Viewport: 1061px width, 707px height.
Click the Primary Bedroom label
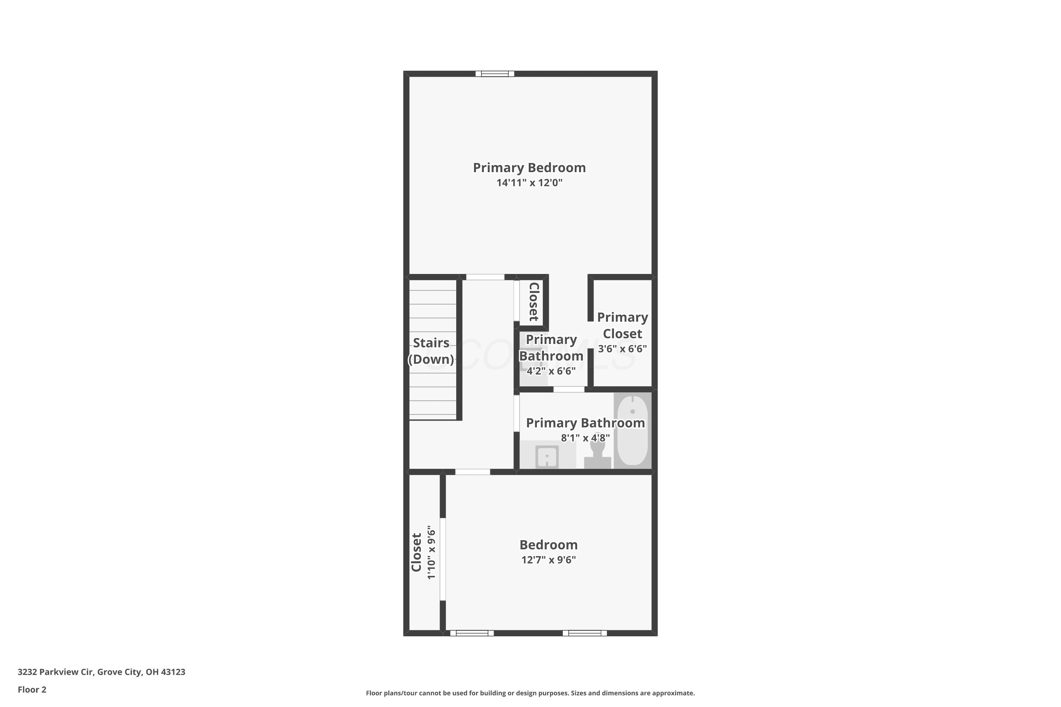[x=529, y=168]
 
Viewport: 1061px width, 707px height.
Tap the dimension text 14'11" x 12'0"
[x=529, y=183]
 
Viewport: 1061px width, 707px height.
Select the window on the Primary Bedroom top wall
[x=495, y=74]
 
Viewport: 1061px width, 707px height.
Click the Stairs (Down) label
[x=431, y=351]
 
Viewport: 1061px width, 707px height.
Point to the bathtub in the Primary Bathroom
[x=632, y=430]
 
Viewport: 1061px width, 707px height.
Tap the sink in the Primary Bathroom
[x=547, y=457]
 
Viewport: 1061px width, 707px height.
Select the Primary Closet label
[x=622, y=325]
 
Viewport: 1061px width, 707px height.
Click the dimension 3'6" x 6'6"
[x=622, y=349]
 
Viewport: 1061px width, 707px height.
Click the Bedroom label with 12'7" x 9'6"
[x=549, y=545]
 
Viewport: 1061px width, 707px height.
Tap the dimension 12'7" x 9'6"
[x=549, y=560]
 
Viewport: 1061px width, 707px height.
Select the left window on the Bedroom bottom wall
[x=472, y=633]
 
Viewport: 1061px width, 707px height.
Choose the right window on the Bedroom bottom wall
[x=585, y=633]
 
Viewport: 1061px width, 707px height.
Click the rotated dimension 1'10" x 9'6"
[x=432, y=552]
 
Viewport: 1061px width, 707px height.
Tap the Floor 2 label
[x=32, y=689]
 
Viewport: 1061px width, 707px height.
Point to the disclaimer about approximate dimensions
[x=530, y=693]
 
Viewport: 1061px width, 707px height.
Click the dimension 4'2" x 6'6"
[x=551, y=371]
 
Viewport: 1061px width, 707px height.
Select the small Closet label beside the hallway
[x=534, y=302]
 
